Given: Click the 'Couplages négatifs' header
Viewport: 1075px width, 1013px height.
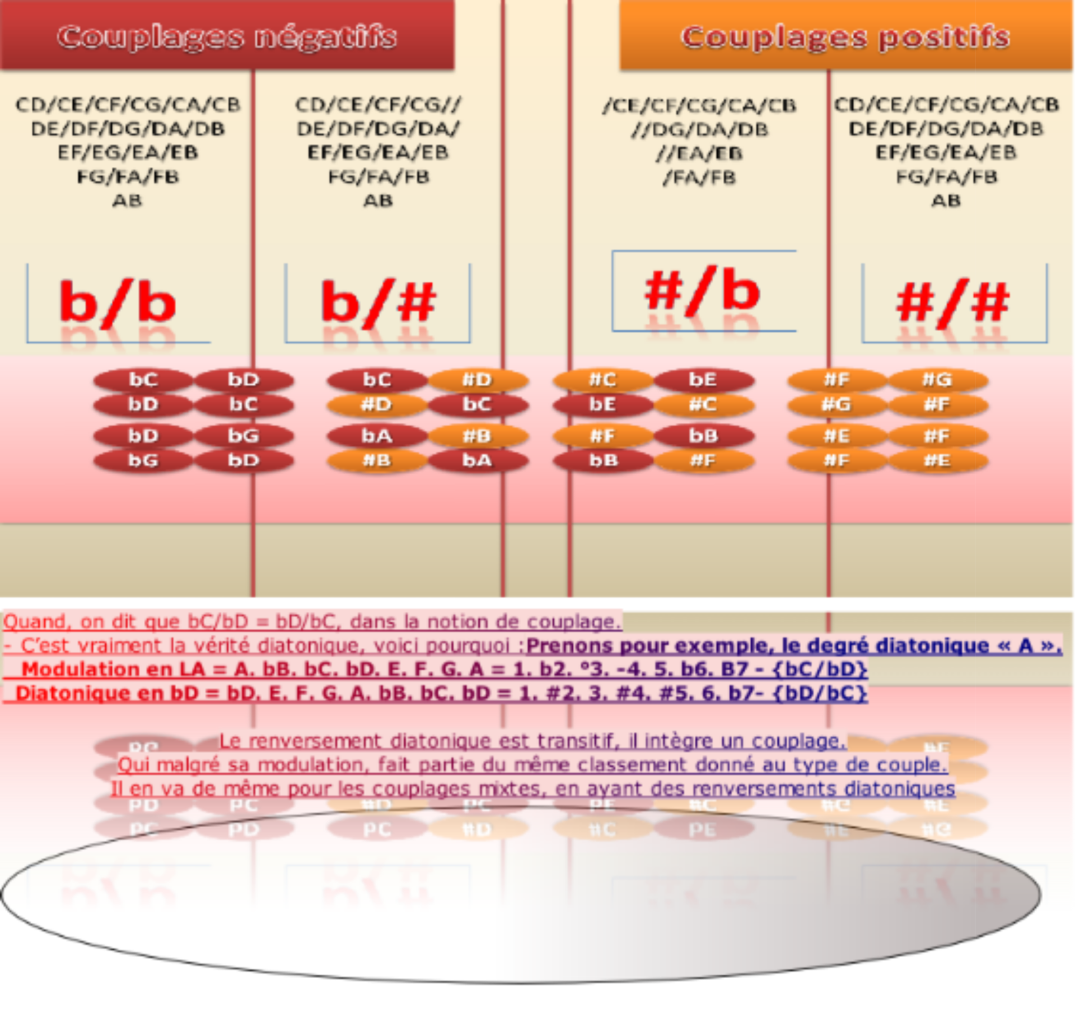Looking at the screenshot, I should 227,37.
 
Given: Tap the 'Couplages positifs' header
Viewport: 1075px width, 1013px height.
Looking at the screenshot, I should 845,37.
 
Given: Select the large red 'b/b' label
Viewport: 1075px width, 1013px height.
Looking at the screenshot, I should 118,303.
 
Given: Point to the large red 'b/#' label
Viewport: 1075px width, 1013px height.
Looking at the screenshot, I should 378,303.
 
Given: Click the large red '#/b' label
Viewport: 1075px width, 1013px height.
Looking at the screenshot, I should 703,291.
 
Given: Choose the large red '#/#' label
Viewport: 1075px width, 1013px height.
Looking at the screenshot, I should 953,303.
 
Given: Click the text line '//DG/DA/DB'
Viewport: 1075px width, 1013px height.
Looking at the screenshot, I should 699,129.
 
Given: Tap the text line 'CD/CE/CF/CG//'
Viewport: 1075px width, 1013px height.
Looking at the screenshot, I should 378,105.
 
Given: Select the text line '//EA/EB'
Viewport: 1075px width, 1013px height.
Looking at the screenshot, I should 699,153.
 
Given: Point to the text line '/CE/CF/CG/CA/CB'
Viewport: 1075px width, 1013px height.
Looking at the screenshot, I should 699,105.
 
